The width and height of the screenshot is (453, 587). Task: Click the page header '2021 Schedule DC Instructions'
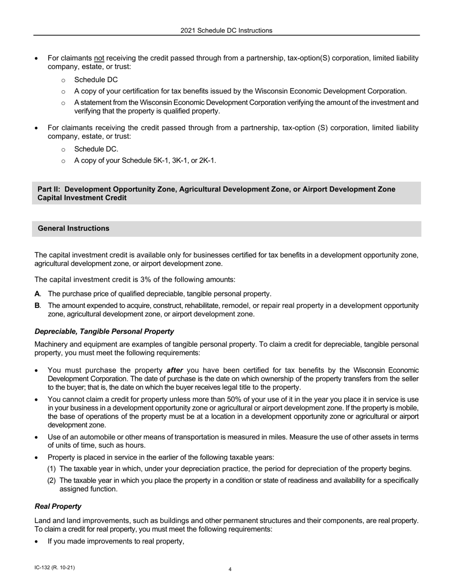click(x=226, y=31)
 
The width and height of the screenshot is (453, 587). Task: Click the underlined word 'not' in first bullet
click(x=99, y=58)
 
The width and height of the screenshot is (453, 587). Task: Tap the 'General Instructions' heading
click(x=73, y=229)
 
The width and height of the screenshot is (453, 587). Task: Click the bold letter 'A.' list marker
click(x=38, y=294)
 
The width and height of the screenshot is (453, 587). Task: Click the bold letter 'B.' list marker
click(x=38, y=305)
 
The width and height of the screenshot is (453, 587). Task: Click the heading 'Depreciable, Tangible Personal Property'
click(x=104, y=332)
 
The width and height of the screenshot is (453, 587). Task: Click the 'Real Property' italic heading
click(x=58, y=506)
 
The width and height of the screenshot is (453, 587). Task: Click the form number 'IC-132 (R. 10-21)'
click(x=54, y=568)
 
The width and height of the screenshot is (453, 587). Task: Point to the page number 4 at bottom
click(x=230, y=569)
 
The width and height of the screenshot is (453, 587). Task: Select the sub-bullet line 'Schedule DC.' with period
click(x=96, y=149)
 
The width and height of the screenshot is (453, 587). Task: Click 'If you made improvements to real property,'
click(x=116, y=541)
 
